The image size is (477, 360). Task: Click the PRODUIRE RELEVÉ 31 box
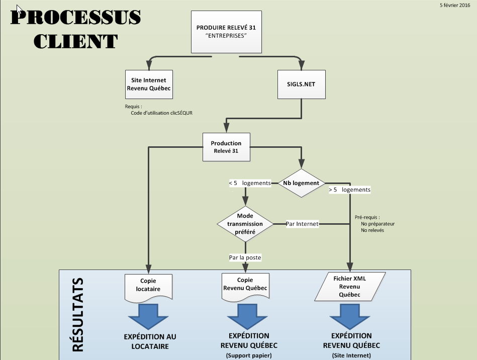[226, 31]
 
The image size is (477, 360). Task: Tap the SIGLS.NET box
[301, 84]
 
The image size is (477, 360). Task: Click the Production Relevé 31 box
[226, 147]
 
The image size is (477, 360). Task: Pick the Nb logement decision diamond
[301, 183]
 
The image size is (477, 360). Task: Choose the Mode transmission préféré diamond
[245, 223]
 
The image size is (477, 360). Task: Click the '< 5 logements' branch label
[250, 183]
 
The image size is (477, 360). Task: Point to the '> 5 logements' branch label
[349, 190]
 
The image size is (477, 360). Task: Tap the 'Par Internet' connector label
[302, 224]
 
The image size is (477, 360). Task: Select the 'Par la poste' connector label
[245, 257]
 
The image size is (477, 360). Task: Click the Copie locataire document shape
[148, 286]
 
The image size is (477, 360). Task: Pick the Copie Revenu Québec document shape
[245, 286]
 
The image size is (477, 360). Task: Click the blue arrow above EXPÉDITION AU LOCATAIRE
[149, 317]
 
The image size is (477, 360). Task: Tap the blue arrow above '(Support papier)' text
[248, 317]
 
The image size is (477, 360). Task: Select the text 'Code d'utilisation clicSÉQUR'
[161, 113]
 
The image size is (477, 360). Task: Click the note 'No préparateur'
[377, 223]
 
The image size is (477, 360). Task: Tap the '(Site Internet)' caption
[351, 355]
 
